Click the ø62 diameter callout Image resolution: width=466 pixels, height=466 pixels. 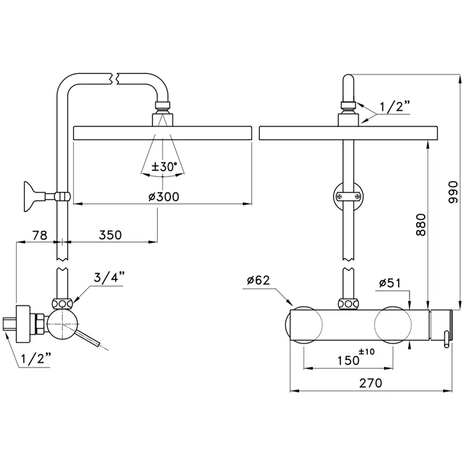258,280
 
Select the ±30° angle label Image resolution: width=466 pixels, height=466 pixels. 164,167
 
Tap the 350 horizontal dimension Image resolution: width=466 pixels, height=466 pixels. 111,234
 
